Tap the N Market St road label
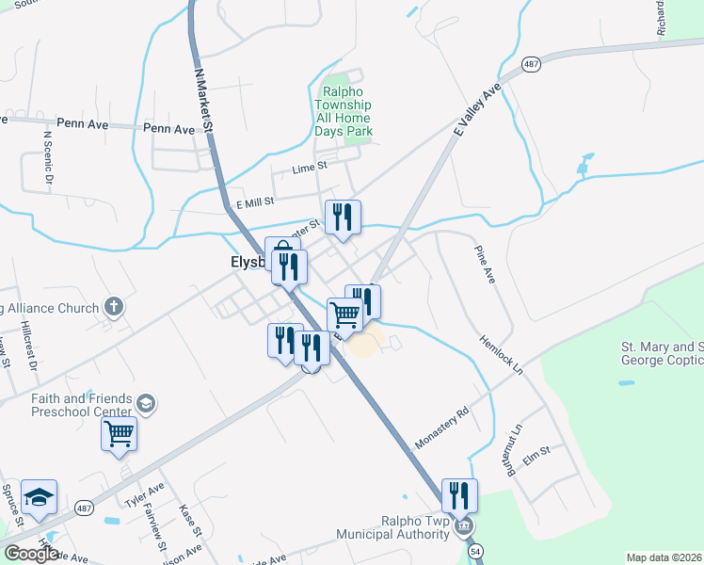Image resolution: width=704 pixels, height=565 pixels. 201,98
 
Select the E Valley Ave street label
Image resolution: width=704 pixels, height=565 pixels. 477,111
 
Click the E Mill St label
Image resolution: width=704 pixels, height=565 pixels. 254,201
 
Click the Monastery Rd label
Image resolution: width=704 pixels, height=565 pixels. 442,427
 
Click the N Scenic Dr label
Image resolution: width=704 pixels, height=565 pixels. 48,156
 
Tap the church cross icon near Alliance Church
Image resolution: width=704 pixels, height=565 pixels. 114,306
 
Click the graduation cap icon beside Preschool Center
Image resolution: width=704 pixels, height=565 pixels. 146,403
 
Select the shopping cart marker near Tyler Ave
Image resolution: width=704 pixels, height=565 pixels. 120,435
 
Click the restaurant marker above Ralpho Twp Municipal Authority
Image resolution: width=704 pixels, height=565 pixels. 459,494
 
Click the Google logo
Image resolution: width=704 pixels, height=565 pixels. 32,553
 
